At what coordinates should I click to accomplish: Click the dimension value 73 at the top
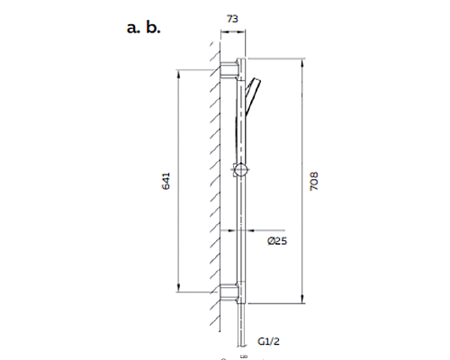pyautogui.click(x=233, y=17)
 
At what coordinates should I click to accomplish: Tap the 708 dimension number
pyautogui.click(x=313, y=179)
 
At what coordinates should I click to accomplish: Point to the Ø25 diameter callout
pyautogui.click(x=276, y=241)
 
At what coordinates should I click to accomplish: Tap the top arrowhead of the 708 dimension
pyautogui.click(x=301, y=63)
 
